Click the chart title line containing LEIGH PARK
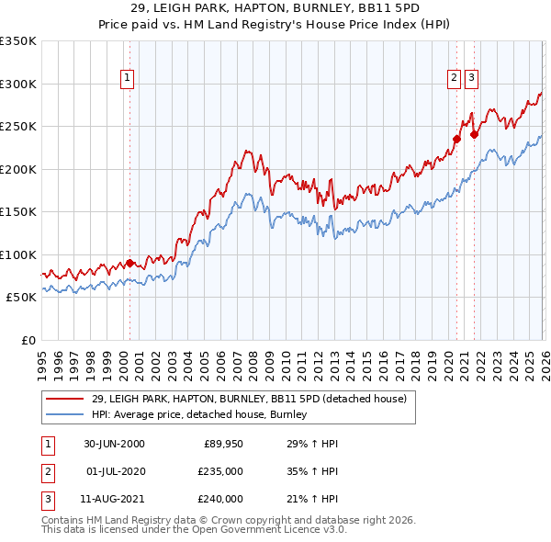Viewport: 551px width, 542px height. [x=275, y=8]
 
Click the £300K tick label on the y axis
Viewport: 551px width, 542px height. [x=18, y=84]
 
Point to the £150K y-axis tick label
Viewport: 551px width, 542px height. [x=18, y=211]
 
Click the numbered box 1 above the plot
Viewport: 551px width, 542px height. [x=127, y=79]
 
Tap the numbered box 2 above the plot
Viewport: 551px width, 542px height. [x=454, y=79]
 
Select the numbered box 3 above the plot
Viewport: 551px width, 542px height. [x=471, y=79]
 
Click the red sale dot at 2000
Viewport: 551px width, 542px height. [x=129, y=263]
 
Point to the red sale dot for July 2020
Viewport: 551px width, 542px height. [x=456, y=139]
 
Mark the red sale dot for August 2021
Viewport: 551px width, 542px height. [x=475, y=134]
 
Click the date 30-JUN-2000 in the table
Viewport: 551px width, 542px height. [x=114, y=444]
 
